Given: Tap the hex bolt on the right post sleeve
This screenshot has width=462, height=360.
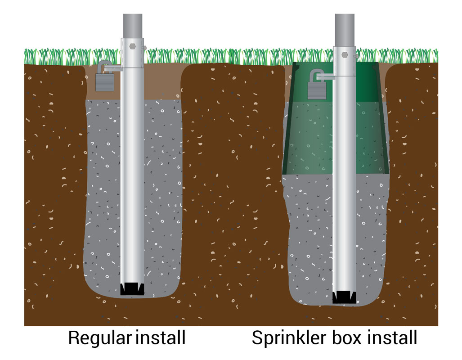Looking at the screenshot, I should [x=344, y=54].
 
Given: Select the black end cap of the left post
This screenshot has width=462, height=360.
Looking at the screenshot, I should [x=132, y=289].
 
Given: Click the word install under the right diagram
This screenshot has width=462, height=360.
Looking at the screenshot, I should [x=393, y=337].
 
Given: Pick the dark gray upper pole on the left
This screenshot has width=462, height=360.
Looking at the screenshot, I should [x=132, y=25].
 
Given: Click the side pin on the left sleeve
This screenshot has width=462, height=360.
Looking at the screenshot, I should [x=144, y=48].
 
